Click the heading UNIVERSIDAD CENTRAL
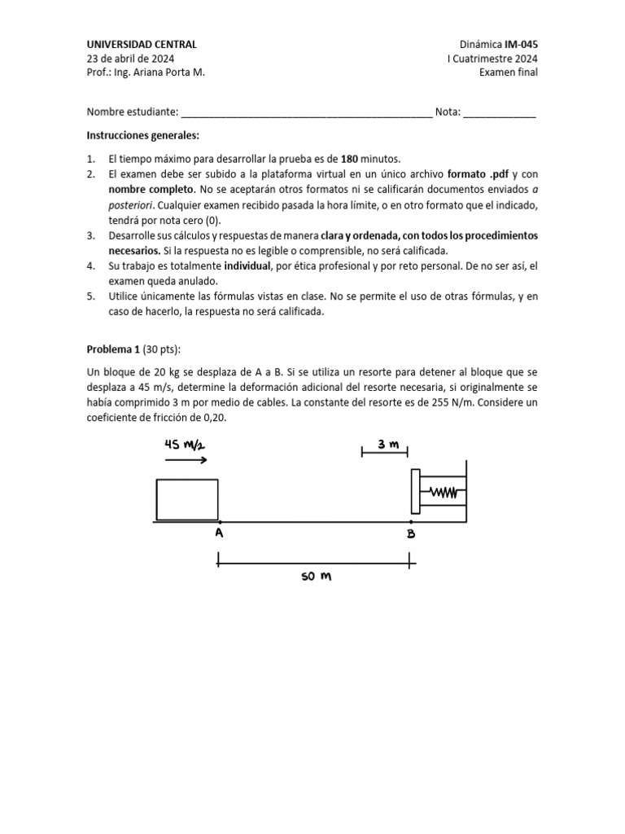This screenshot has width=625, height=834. (142, 45)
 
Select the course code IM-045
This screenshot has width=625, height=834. (521, 45)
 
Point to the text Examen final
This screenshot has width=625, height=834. (509, 72)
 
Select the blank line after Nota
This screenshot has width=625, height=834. (499, 114)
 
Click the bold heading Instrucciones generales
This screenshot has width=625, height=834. (142, 134)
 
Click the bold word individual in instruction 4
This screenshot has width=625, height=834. (244, 266)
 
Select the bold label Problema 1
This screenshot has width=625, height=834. (113, 350)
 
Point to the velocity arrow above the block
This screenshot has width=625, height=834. (186, 460)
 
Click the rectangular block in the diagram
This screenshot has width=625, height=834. (186, 500)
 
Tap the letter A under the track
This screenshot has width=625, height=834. (218, 534)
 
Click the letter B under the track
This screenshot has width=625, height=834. (412, 534)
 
